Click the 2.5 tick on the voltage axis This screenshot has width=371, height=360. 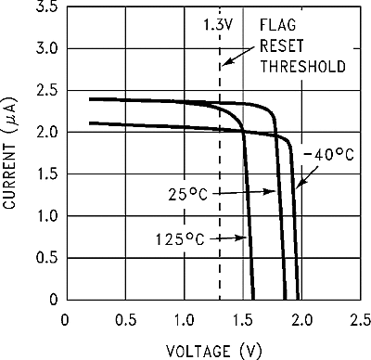(x=358, y=318)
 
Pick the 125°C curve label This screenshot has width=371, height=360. (x=180, y=239)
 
